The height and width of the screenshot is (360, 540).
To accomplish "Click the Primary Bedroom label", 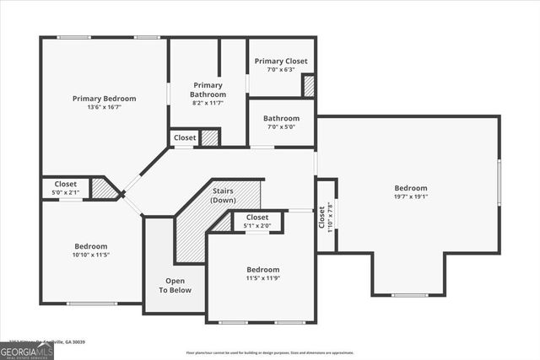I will click(104, 99).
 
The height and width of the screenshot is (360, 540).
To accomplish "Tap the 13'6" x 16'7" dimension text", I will click(104, 108).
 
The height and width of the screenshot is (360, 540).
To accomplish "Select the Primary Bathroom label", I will click(208, 90).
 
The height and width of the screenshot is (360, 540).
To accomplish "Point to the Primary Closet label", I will click(281, 61).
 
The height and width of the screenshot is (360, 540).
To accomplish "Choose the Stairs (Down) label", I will click(223, 196).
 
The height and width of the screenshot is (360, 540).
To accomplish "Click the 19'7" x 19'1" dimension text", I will click(411, 197).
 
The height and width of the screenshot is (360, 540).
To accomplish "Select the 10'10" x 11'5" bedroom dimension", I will click(90, 255).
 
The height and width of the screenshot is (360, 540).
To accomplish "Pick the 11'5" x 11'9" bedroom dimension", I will click(263, 277).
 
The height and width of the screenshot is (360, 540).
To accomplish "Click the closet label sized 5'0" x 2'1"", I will click(66, 188).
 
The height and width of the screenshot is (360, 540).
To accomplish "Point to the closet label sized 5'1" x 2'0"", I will click(257, 221).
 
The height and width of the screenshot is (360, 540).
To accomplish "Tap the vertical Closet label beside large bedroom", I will click(321, 217).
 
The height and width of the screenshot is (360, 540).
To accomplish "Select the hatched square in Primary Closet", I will click(309, 85).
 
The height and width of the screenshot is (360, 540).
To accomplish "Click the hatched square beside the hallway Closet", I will click(210, 137).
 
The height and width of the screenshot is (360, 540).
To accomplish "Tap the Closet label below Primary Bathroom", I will click(185, 137).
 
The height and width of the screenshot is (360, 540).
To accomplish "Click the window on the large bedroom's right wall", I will click(499, 181).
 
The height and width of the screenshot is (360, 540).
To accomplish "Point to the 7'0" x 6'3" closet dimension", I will click(281, 70).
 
